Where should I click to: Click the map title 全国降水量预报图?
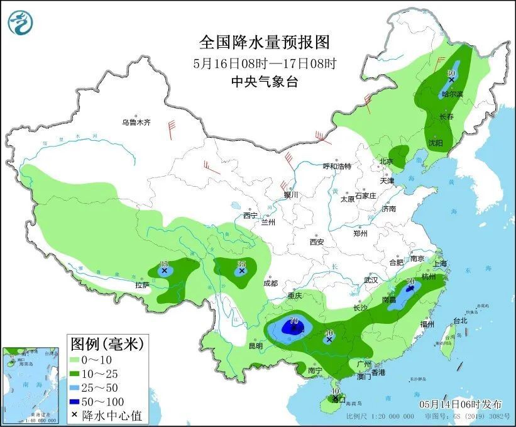point(264,42)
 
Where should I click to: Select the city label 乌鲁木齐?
point(136,123)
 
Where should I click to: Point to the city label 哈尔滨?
point(452,94)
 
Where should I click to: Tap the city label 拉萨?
point(142,285)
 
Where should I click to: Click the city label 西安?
point(316,242)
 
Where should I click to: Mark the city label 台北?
point(460,320)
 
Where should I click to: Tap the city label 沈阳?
point(435,143)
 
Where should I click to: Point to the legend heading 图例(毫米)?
point(107,344)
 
